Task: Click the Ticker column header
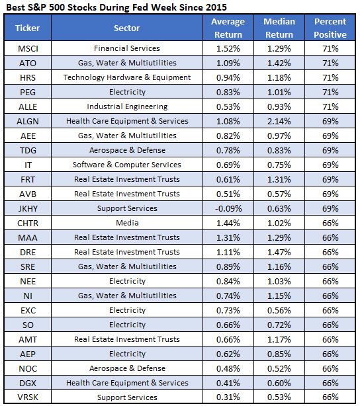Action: (28, 28)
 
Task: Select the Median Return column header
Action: (279, 28)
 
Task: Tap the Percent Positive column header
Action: (330, 28)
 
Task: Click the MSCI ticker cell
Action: (28, 48)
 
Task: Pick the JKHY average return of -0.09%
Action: (228, 208)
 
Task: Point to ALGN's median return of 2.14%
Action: (279, 121)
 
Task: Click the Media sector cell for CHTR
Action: (127, 223)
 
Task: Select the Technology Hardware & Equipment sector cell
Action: (127, 77)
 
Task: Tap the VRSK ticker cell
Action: (28, 397)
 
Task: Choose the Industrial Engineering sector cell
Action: (127, 106)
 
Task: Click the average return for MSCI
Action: (228, 48)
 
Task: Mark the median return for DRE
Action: (279, 252)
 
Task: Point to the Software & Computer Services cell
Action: (127, 165)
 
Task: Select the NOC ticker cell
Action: (28, 368)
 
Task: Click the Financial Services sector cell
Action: (127, 48)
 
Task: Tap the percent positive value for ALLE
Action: (330, 106)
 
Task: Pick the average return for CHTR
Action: (228, 223)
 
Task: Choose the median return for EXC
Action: (279, 310)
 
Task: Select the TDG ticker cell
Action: (28, 150)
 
